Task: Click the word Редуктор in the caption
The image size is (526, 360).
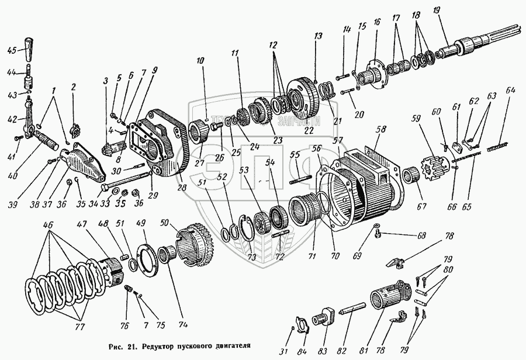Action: coord(158,345)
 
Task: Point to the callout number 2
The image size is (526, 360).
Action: coord(74,88)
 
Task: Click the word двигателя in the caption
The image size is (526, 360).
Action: coord(231,345)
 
